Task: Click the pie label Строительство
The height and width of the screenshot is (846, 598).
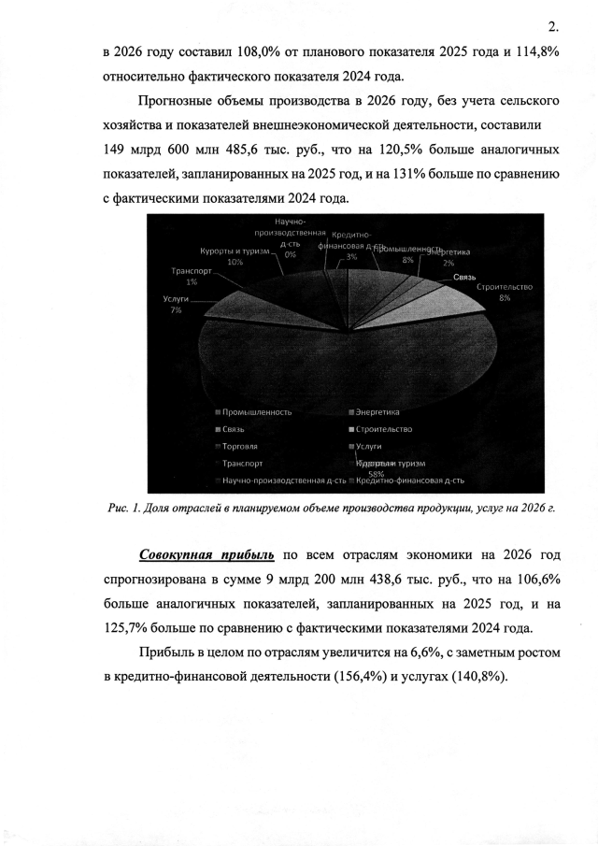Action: (x=505, y=286)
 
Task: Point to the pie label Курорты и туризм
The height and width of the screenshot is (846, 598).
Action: (x=234, y=251)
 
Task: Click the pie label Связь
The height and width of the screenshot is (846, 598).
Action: (x=465, y=278)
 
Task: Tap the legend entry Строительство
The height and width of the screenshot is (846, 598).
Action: (x=383, y=429)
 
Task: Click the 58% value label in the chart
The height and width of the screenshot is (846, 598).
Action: (x=377, y=472)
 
